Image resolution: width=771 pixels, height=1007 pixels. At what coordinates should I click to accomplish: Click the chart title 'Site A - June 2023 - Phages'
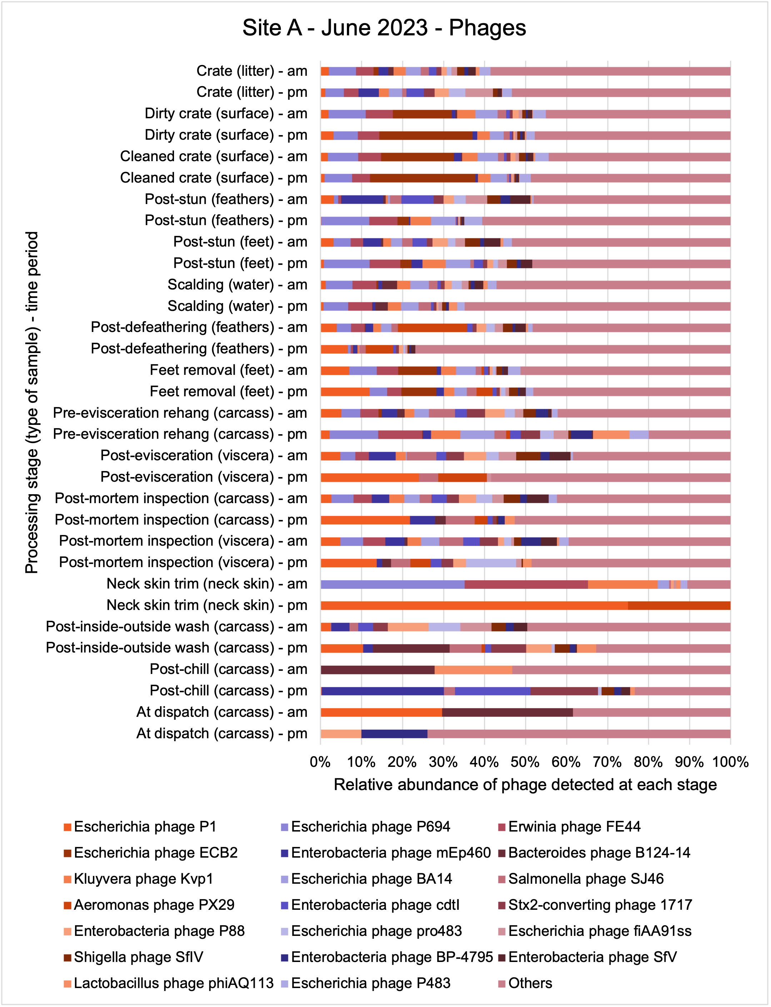pos(384,28)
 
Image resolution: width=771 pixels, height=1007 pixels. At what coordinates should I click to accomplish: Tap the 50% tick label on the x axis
pos(525,762)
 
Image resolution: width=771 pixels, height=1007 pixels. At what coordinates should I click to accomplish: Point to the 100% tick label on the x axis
pos(730,762)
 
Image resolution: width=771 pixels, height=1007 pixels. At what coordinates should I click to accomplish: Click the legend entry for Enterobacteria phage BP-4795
pos(387,957)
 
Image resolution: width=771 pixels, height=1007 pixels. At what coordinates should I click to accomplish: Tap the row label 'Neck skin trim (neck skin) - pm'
pos(207,605)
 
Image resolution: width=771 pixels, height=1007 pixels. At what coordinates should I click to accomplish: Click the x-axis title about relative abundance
pos(525,784)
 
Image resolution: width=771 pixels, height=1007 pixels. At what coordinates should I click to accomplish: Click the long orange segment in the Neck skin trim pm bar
pos(474,605)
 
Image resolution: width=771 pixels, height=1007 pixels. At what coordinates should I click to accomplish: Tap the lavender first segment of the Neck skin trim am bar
pos(392,584)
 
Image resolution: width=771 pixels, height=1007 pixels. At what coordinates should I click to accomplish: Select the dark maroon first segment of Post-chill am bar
pos(378,670)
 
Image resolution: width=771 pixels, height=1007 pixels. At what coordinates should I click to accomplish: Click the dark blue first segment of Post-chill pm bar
pos(383,691)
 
